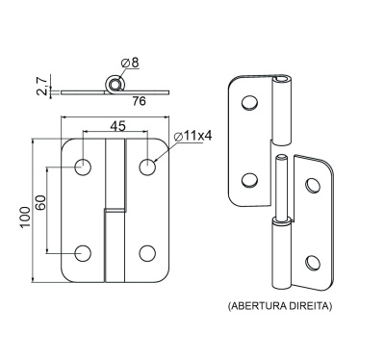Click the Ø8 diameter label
(x=130, y=63)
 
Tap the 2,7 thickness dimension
(x=42, y=86)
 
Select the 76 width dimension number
(x=140, y=101)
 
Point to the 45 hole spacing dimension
(x=117, y=126)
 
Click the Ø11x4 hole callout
(x=192, y=137)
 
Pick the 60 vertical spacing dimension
(x=41, y=203)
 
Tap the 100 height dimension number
(x=25, y=218)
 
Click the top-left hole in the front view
(x=83, y=167)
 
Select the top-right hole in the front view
(x=147, y=167)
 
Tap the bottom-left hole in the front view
(x=83, y=253)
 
